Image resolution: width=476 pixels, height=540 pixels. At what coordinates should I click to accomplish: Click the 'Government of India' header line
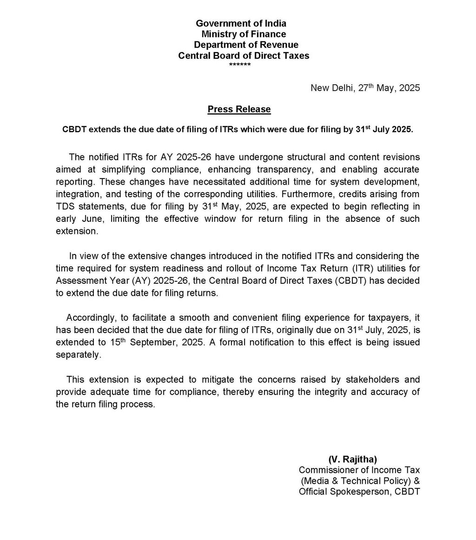(x=241, y=23)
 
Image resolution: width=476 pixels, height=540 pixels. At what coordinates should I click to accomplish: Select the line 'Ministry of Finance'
(x=244, y=34)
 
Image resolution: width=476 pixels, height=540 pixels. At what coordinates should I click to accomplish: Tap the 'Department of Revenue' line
(x=246, y=45)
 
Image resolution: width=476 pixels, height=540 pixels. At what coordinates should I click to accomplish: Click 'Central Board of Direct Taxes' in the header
(x=244, y=56)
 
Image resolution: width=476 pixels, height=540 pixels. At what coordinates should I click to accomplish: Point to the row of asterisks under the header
(x=240, y=65)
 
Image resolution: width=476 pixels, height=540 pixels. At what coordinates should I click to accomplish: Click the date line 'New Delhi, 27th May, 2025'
(x=365, y=88)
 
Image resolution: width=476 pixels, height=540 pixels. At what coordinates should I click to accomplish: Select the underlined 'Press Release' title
(x=239, y=109)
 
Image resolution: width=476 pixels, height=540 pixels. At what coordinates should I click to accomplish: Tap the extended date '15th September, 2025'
(x=132, y=342)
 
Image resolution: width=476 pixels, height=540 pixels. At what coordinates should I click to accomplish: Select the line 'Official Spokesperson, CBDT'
(x=359, y=492)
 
